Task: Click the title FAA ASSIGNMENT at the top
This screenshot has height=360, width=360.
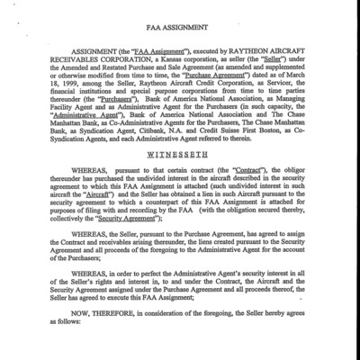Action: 179,28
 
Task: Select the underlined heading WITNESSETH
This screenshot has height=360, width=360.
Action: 179,155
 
